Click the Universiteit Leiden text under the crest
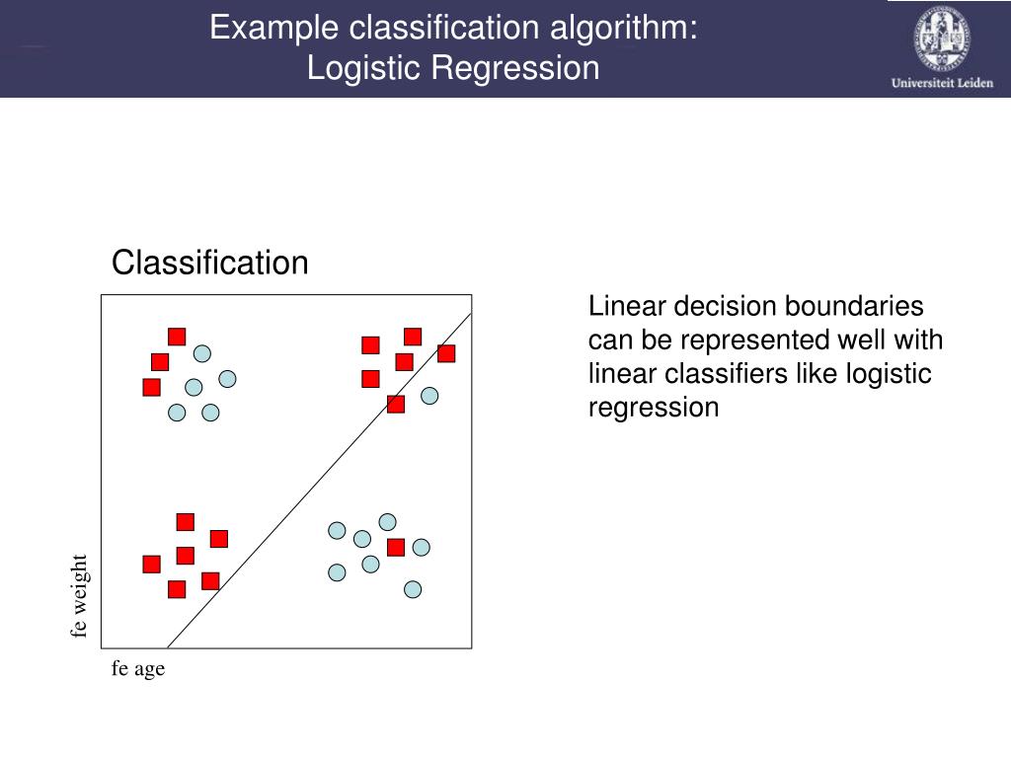pyautogui.click(x=942, y=83)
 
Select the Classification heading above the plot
pyautogui.click(x=210, y=264)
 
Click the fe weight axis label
pyautogui.click(x=80, y=595)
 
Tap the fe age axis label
pyautogui.click(x=138, y=669)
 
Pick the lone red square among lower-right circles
pyautogui.click(x=396, y=547)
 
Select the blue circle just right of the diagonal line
pyautogui.click(x=429, y=396)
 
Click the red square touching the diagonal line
pyautogui.click(x=396, y=404)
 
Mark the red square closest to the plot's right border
pyautogui.click(x=446, y=353)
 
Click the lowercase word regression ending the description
pyautogui.click(x=654, y=408)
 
